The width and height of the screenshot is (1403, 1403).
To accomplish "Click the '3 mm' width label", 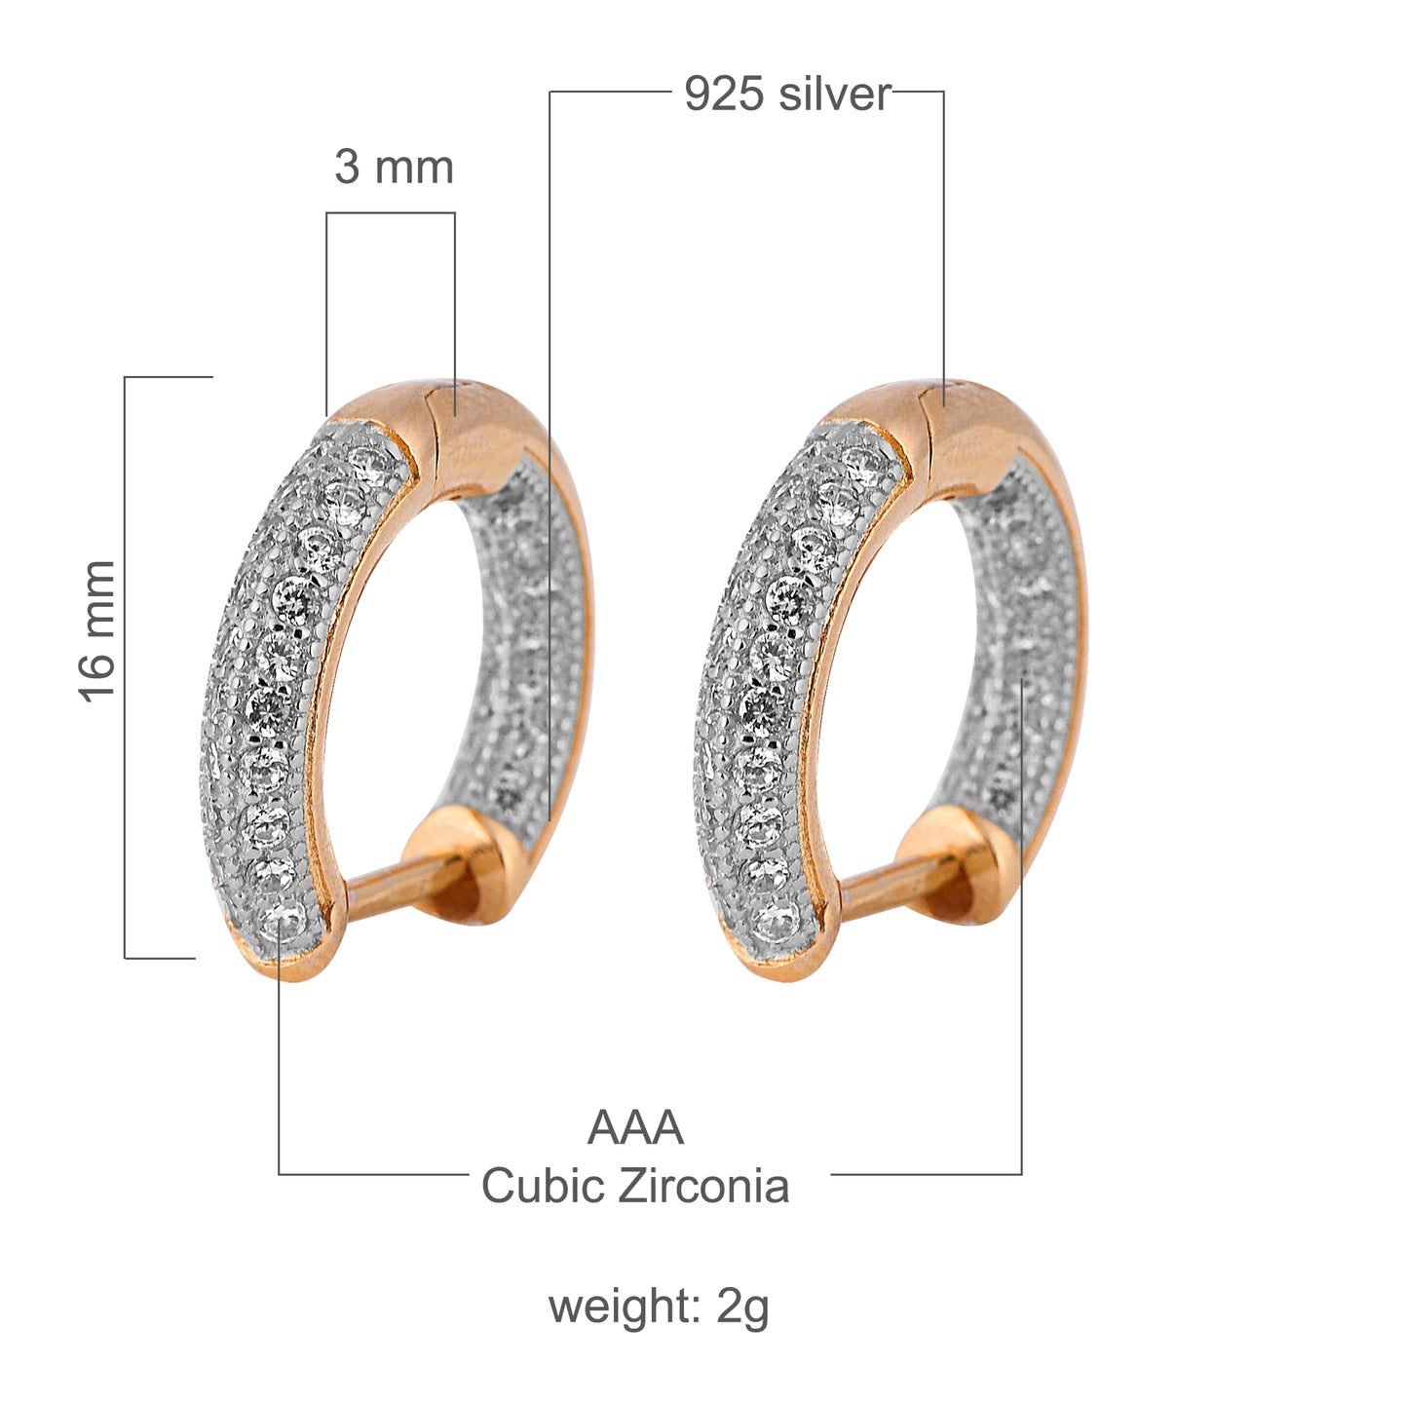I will point(394,168).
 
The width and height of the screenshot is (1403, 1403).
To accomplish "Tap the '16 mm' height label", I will point(97,630).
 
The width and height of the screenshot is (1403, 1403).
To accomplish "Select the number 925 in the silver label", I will point(722,95).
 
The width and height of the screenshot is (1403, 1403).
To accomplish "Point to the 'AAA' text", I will point(635,1128).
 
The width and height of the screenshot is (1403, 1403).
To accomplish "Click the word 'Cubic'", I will point(542,1187).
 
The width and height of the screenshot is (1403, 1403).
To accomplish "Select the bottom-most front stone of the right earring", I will point(777,918).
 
